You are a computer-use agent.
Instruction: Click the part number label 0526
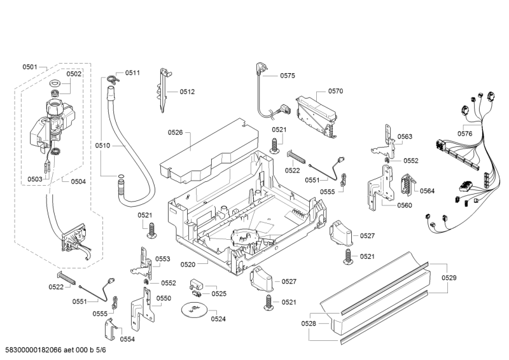click(x=176, y=132)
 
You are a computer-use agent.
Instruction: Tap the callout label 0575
click(x=288, y=76)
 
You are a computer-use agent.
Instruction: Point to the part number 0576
click(x=464, y=134)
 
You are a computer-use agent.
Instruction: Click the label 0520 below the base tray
click(x=188, y=263)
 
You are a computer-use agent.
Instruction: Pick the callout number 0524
click(x=218, y=319)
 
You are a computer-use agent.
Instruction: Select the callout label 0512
click(x=187, y=92)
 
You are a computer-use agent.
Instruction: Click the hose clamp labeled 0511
click(x=113, y=79)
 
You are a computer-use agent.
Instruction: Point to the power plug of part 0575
click(x=261, y=67)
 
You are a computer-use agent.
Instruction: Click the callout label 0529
click(x=449, y=277)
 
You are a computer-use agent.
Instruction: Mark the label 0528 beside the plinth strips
click(x=309, y=324)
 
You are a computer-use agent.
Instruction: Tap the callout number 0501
click(x=30, y=67)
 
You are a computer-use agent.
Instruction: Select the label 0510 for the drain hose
click(x=103, y=145)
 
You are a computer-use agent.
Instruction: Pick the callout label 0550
click(x=164, y=298)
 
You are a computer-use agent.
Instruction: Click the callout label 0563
click(x=405, y=137)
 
